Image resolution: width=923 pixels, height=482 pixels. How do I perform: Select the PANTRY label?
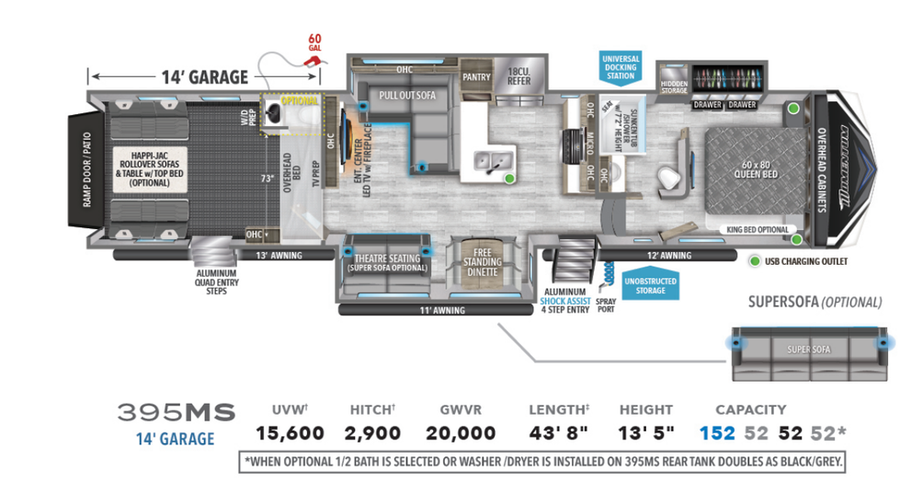476,77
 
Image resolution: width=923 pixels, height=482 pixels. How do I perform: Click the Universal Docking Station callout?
621,67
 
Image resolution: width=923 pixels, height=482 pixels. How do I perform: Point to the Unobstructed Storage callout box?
651,285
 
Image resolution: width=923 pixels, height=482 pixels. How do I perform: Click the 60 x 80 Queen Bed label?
759,172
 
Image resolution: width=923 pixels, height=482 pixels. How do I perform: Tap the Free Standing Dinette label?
482,261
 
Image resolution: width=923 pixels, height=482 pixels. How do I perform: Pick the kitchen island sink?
487,164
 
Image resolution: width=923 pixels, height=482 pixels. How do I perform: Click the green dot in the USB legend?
755,261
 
